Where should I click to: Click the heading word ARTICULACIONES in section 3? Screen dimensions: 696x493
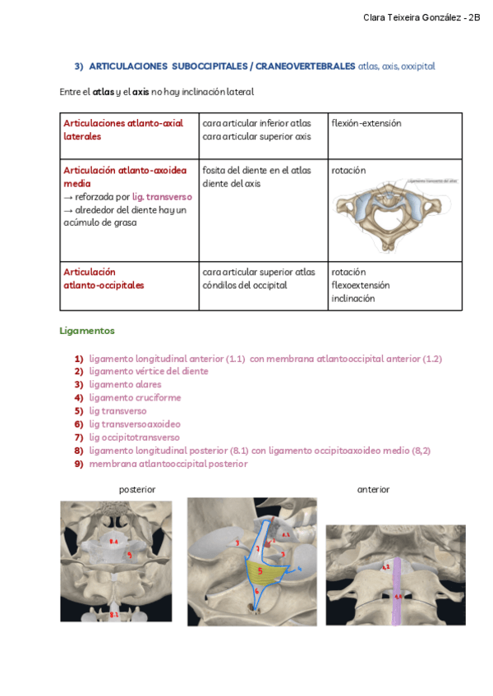click(124, 66)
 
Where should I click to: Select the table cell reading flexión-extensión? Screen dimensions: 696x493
click(366, 123)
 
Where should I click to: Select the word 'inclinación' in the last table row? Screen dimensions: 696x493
click(352, 299)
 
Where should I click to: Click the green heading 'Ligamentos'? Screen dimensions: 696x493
click(87, 331)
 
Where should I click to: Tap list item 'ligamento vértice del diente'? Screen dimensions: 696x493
click(149, 371)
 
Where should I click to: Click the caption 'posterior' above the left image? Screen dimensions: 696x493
click(137, 489)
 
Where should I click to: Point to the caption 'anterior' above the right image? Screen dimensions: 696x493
click(373, 489)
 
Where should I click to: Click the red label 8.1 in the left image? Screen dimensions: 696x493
click(113, 613)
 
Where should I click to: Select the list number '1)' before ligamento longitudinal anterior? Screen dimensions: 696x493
click(79, 358)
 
